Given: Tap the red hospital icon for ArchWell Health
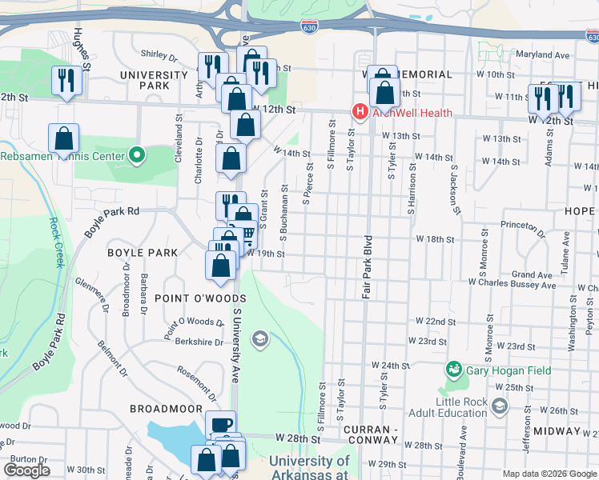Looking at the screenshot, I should click(360, 113).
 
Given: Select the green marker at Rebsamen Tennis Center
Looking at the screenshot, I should click(137, 155).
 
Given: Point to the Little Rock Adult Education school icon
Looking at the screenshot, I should click(501, 406).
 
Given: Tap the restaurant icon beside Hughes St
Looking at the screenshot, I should click(65, 80).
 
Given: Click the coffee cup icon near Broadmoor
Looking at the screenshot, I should click(220, 425).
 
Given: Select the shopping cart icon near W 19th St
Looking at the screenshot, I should click(247, 234).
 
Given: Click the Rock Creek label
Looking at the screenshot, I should click(56, 243).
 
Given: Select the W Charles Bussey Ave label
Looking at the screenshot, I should click(512, 283).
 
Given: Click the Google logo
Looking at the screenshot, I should click(26, 470).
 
